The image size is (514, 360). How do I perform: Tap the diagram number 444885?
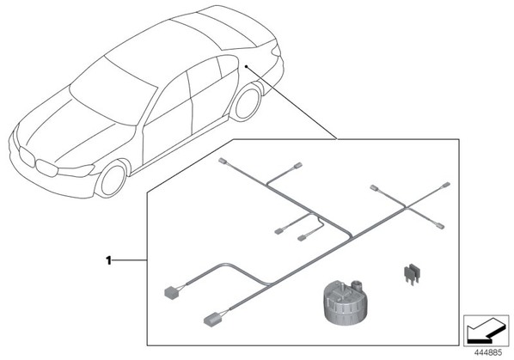pos(488,353)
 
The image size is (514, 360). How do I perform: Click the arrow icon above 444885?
pos(486,330)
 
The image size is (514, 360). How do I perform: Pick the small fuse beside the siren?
pos(412,273)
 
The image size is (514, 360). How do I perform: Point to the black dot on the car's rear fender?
pos(246,66)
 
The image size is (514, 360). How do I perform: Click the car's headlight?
pos(76,170)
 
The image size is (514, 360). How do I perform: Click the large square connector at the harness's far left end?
pos(171,292)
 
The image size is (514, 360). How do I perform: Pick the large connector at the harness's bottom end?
pos(212,319)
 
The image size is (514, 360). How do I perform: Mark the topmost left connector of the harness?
pos(222,161)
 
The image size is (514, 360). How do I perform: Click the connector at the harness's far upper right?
pos(445,186)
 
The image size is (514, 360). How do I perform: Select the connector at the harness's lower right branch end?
pos(440,225)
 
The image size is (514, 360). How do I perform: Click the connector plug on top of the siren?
pos(355,284)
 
